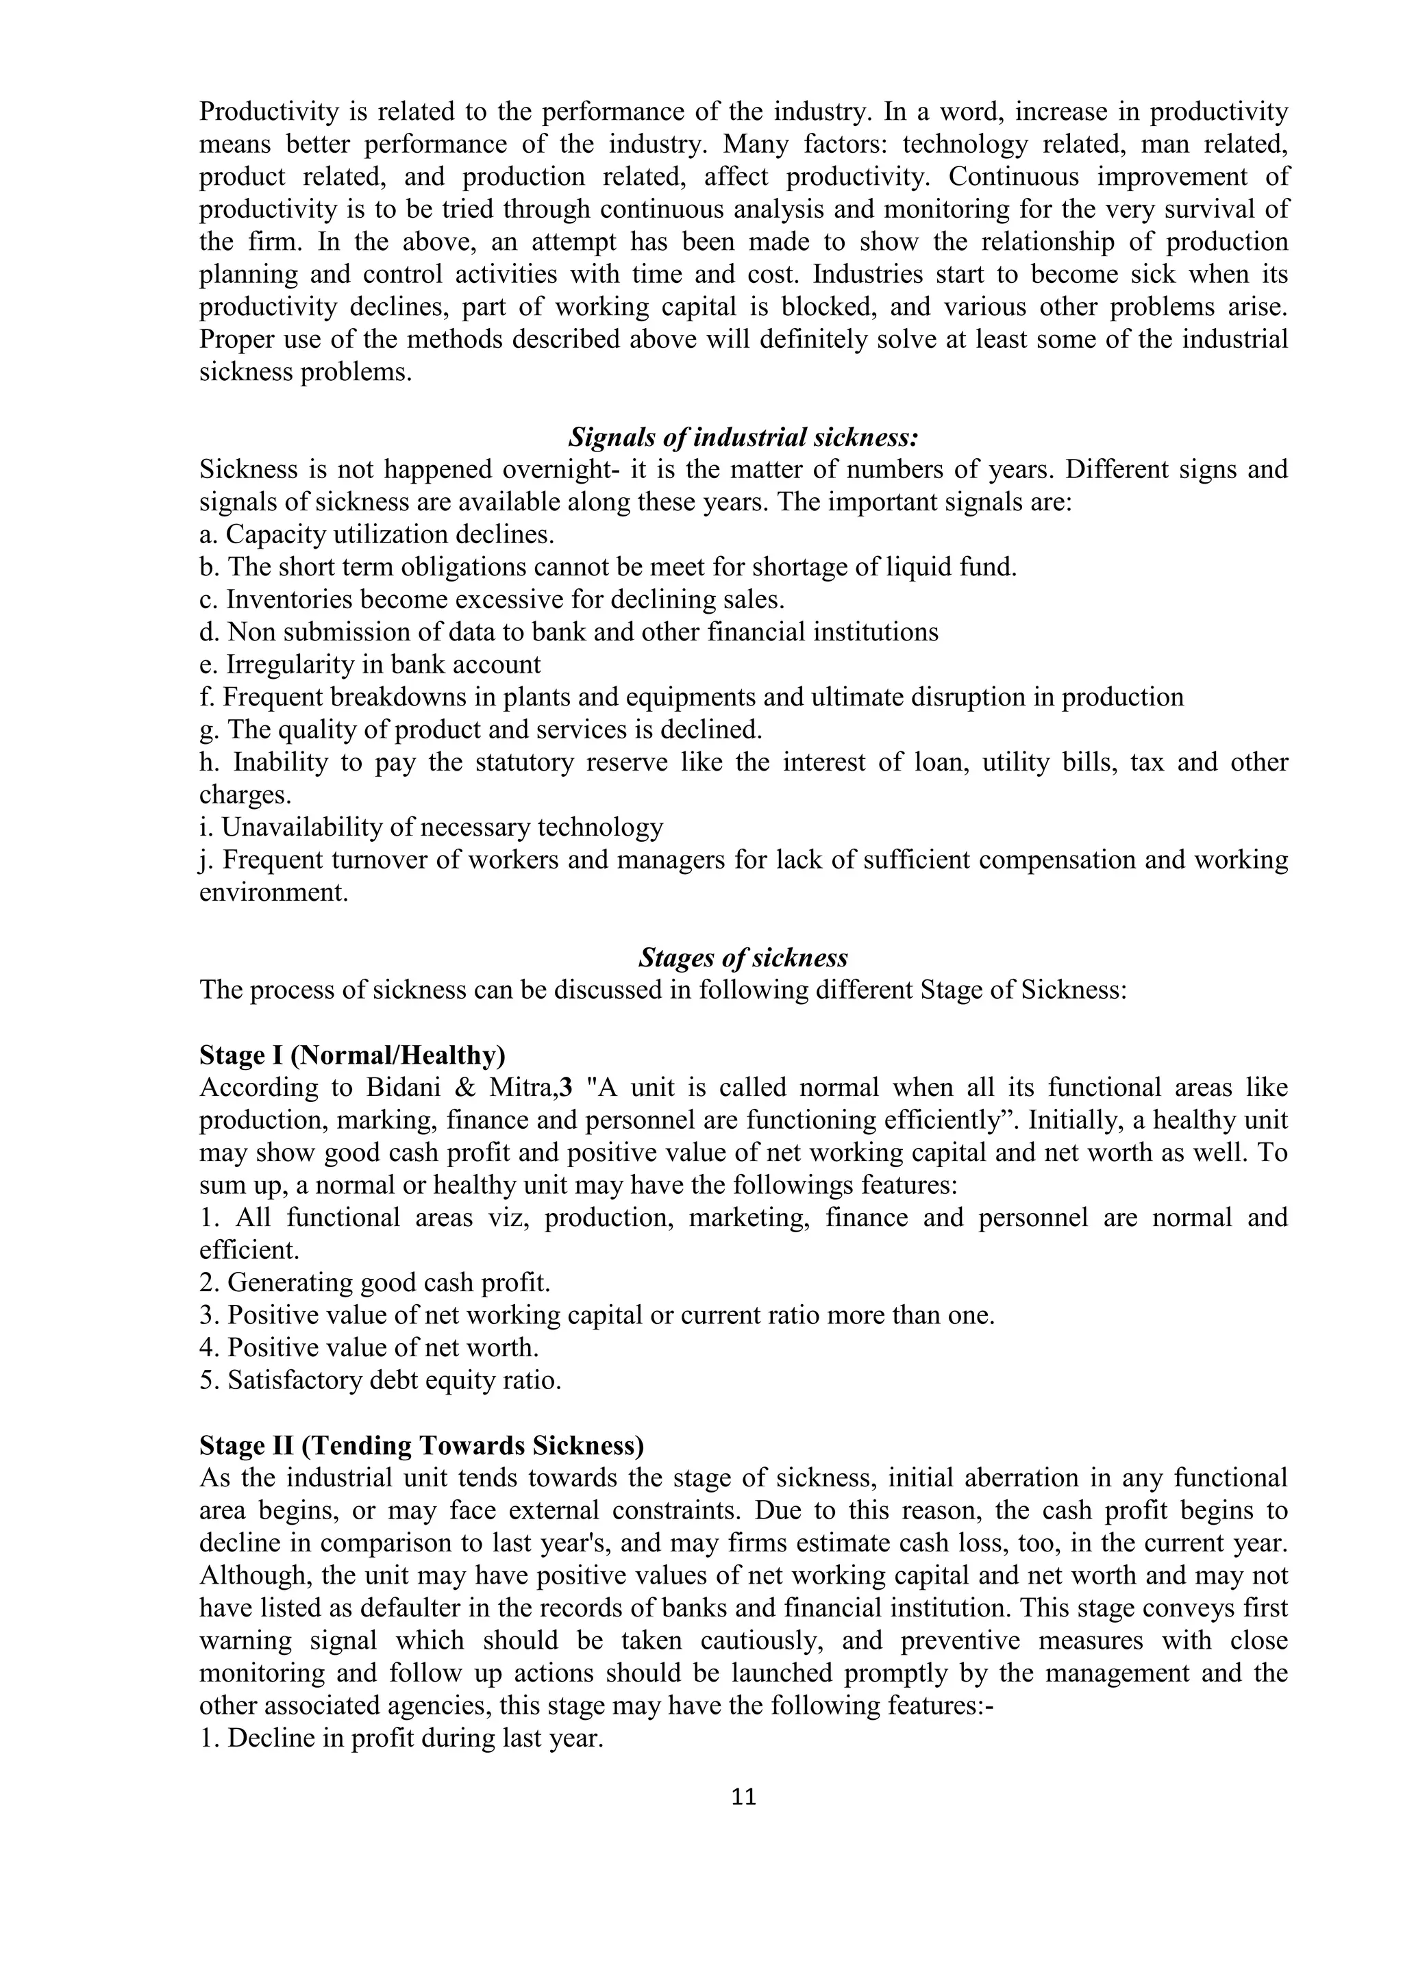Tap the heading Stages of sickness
click(743, 958)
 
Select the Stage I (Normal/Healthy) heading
click(353, 1056)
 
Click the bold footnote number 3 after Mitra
click(567, 1088)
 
